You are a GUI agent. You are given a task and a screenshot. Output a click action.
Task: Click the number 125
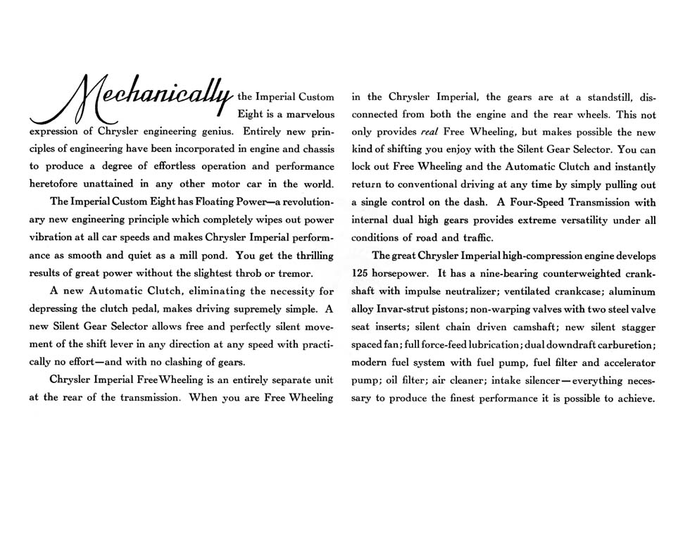[361, 273]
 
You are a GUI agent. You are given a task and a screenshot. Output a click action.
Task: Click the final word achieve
[636, 398]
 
